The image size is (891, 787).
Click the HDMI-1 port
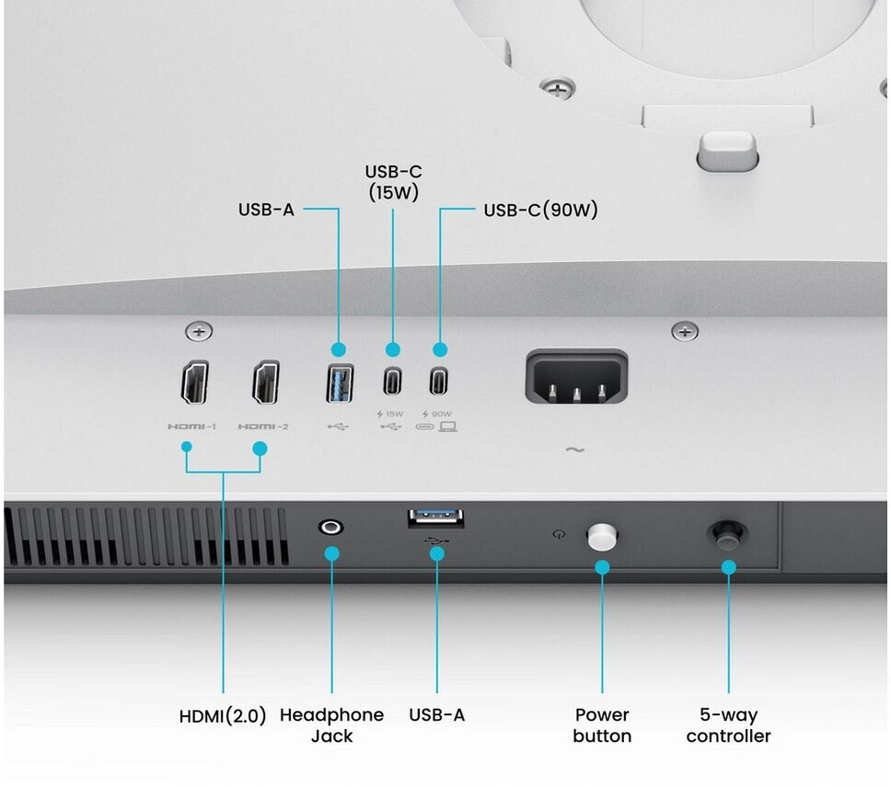click(x=195, y=382)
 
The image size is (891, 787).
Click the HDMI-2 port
click(x=266, y=382)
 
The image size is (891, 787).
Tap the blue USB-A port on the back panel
click(x=340, y=383)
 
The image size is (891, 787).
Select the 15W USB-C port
click(x=393, y=381)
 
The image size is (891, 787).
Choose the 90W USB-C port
click(x=439, y=381)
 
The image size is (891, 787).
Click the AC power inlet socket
click(x=577, y=377)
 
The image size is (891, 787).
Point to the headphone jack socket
click(x=330, y=528)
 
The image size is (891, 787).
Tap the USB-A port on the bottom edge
click(x=436, y=518)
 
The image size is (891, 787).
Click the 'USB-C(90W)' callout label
click(x=540, y=210)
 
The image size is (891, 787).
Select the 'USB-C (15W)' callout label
click(x=393, y=182)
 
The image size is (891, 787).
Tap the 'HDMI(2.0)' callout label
click(x=223, y=715)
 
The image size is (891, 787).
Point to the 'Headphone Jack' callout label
click(x=332, y=725)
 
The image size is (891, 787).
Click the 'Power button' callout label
click(x=602, y=725)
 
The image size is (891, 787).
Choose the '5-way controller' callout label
click(x=728, y=725)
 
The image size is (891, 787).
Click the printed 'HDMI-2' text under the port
click(x=263, y=426)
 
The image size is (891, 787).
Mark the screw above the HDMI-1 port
click(x=200, y=331)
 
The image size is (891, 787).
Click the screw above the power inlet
click(x=685, y=331)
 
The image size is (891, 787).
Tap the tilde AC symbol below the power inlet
click(x=575, y=450)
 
